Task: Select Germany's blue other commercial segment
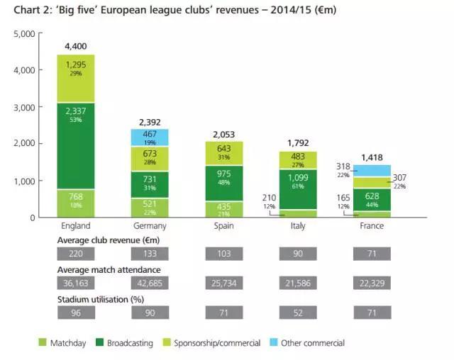[x=150, y=137]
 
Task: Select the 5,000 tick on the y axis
[x=24, y=34]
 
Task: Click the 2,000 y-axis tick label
[x=24, y=144]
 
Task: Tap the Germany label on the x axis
[x=150, y=226]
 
